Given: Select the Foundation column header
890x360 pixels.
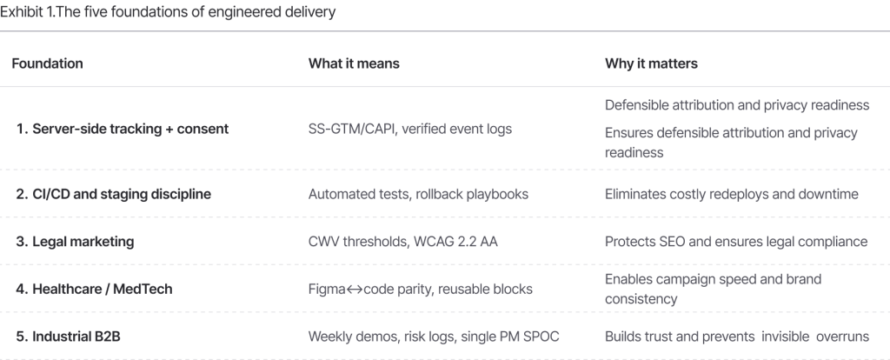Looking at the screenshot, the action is (x=48, y=64).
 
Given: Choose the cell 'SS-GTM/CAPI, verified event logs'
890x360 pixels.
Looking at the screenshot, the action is (x=410, y=129).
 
